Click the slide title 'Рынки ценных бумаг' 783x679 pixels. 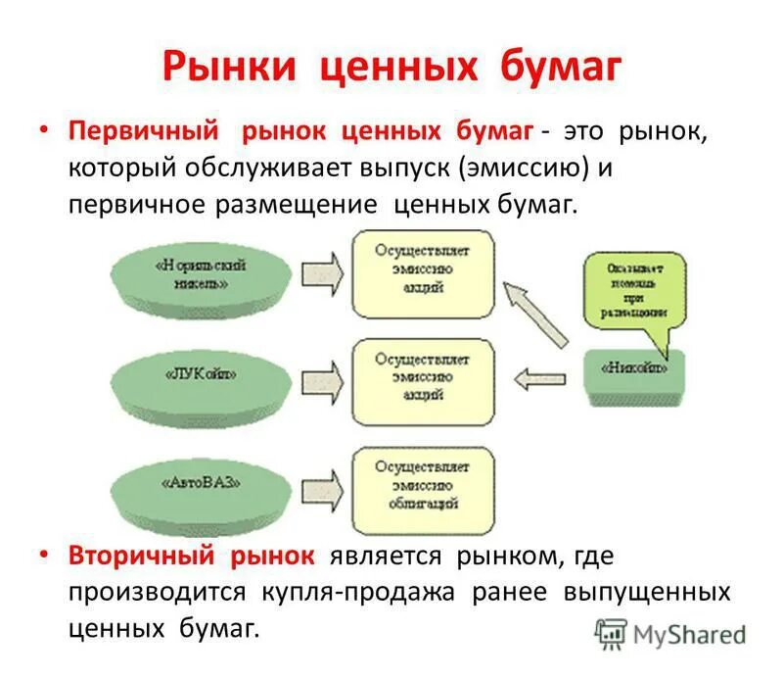tap(391, 68)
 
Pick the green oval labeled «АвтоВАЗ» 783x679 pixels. tap(200, 483)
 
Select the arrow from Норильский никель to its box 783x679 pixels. tap(321, 270)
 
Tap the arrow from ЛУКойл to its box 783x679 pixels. tap(321, 376)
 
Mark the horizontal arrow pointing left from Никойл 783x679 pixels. tap(542, 375)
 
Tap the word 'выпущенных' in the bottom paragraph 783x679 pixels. tap(646, 593)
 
